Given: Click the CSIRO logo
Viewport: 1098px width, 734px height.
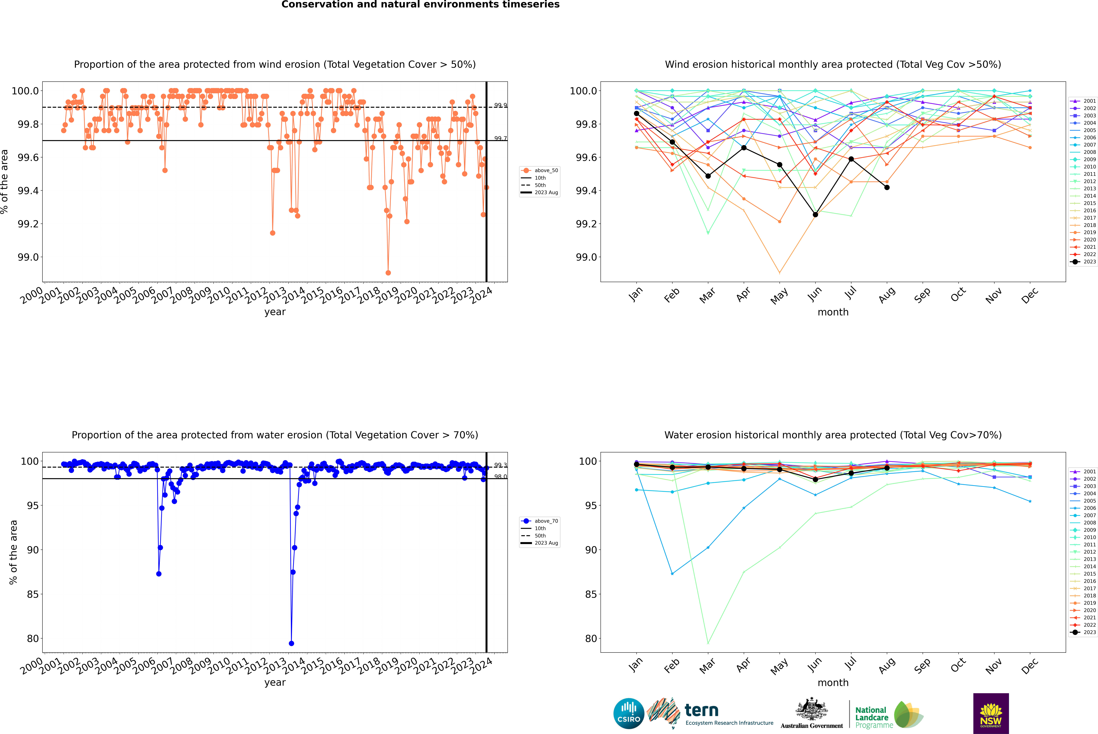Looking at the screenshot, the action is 629,713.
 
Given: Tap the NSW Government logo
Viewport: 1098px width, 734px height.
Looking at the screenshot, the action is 991,713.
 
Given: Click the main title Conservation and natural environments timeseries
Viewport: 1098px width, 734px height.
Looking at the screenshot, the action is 420,5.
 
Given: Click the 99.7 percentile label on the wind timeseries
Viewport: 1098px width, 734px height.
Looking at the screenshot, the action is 500,139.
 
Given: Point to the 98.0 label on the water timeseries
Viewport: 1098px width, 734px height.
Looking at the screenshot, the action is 500,477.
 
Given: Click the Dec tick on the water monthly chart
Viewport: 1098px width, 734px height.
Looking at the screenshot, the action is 1030,666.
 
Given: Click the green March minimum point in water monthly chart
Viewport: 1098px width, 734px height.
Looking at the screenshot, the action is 708,643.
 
